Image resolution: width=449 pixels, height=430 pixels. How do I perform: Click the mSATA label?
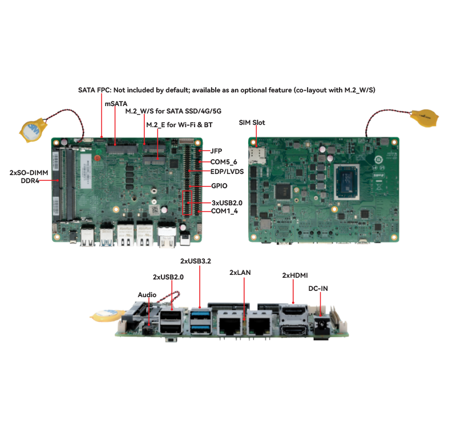click(x=116, y=104)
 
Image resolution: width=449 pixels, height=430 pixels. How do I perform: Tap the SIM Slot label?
click(x=252, y=123)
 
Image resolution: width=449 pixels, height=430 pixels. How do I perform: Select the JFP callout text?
click(x=216, y=151)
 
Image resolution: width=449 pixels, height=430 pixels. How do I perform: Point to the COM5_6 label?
click(x=224, y=162)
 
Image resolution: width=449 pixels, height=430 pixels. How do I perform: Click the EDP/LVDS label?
click(x=227, y=172)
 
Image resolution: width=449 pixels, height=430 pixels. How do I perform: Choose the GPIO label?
click(x=219, y=186)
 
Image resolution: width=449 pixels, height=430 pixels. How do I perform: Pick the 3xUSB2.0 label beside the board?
click(x=227, y=203)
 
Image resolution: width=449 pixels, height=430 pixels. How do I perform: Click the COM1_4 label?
click(x=225, y=211)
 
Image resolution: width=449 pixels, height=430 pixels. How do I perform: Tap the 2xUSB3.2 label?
click(x=196, y=261)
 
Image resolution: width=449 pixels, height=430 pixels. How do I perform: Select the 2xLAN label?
click(x=240, y=273)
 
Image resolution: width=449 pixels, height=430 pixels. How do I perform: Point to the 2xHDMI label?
click(x=295, y=275)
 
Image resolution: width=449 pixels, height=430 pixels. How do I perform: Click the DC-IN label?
click(x=318, y=289)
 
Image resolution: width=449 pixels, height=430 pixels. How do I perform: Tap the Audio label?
click(x=147, y=295)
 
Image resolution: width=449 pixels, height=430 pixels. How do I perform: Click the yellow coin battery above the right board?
click(x=424, y=118)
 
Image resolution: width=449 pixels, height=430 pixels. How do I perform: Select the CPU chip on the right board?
click(x=347, y=182)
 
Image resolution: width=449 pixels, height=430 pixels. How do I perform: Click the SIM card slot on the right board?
click(x=257, y=156)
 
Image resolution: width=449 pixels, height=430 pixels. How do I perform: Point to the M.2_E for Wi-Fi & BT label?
click(x=179, y=125)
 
